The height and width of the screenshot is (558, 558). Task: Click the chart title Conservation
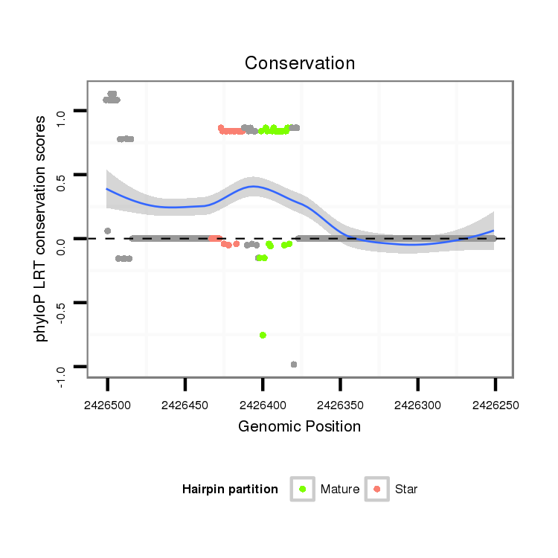(x=300, y=63)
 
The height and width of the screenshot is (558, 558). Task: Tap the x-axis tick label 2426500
(x=108, y=406)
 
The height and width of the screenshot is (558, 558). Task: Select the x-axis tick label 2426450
(x=185, y=406)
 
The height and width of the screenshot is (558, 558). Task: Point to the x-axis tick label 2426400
(x=263, y=406)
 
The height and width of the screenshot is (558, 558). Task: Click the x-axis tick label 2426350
(x=340, y=406)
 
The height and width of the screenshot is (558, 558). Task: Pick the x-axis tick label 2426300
(x=417, y=406)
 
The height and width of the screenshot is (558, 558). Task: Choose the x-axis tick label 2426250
(x=495, y=406)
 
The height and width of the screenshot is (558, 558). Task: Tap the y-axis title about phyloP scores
(x=42, y=228)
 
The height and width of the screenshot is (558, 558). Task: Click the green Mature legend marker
(x=303, y=489)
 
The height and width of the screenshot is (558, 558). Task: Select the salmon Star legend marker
(x=377, y=489)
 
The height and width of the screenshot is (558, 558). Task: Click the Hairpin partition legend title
(x=230, y=490)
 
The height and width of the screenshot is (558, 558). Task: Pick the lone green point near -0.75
(x=263, y=336)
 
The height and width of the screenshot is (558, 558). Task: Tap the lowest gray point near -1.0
(x=294, y=365)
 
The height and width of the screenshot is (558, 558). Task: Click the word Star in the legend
(x=406, y=490)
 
